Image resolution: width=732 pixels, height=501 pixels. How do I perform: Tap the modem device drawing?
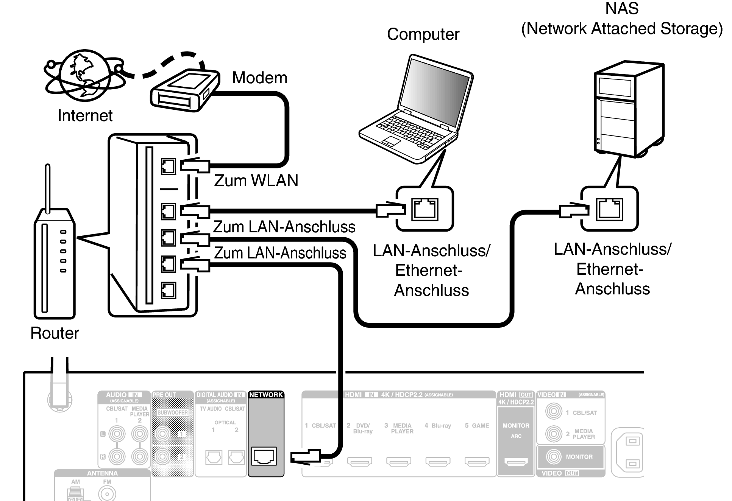point(184,90)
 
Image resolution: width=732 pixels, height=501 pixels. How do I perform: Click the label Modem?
point(259,78)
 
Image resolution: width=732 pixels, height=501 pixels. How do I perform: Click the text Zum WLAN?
point(256,180)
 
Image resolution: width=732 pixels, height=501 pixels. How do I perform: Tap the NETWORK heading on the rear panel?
point(266,395)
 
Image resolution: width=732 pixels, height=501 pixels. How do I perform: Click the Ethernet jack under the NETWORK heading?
point(264,456)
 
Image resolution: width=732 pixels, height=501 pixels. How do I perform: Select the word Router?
point(55,333)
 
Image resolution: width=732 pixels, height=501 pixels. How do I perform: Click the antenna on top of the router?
point(48,187)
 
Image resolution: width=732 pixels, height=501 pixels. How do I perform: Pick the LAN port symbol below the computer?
point(425,209)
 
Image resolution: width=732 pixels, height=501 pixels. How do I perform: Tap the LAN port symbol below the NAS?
point(609,209)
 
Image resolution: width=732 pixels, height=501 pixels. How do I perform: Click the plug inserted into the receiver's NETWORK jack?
point(305,456)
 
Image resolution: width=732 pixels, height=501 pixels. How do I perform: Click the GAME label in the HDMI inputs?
point(480,426)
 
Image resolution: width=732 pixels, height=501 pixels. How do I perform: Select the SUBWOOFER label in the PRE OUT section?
point(172,412)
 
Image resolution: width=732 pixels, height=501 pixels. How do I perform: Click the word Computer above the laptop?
point(423,34)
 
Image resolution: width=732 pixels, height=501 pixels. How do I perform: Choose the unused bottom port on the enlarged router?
point(168,291)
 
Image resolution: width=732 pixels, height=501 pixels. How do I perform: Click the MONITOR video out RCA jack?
point(553,457)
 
